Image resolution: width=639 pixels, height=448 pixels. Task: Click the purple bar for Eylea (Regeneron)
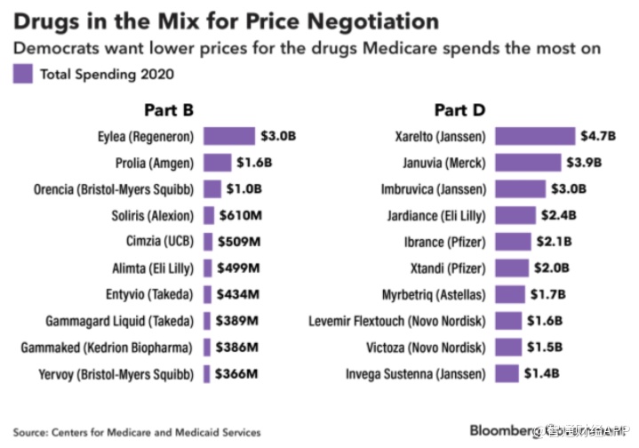[x=228, y=136]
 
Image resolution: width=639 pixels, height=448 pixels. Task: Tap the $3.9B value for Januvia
[x=584, y=163]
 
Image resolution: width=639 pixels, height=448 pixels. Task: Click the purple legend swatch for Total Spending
[x=23, y=75]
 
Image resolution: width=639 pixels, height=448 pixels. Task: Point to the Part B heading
[x=169, y=110]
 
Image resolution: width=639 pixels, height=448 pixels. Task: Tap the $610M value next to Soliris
[x=238, y=215]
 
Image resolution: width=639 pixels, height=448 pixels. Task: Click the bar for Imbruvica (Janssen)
[x=520, y=188]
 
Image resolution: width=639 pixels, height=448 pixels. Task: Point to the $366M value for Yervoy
[x=237, y=373]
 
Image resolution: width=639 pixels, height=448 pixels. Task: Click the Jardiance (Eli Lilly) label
[x=438, y=215]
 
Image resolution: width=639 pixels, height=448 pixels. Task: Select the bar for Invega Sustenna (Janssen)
[x=507, y=373]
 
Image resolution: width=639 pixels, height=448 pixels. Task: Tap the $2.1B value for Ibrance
[x=553, y=241]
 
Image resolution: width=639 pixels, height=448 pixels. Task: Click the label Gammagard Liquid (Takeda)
[x=120, y=321]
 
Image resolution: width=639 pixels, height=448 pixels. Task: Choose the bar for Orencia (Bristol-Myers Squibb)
[x=212, y=188]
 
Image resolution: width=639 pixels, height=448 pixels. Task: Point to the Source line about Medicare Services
[x=137, y=432]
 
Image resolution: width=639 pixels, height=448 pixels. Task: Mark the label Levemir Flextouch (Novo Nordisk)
[x=397, y=321]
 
